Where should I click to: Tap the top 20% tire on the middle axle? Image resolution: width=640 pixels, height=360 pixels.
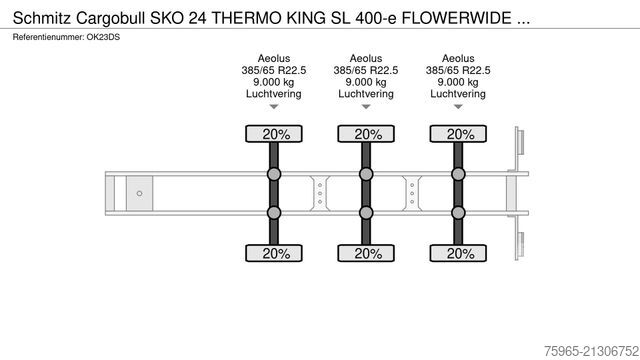click(x=367, y=134)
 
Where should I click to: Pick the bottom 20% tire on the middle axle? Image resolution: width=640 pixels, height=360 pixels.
click(x=367, y=253)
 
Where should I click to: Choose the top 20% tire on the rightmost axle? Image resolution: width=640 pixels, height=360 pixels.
click(x=459, y=134)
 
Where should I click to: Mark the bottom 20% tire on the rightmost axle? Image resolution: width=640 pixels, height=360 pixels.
click(x=459, y=253)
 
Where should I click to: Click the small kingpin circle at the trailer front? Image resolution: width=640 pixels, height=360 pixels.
click(x=140, y=193)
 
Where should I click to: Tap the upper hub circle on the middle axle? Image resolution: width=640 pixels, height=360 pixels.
click(x=367, y=175)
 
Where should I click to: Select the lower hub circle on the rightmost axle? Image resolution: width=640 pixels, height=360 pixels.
click(x=459, y=211)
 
